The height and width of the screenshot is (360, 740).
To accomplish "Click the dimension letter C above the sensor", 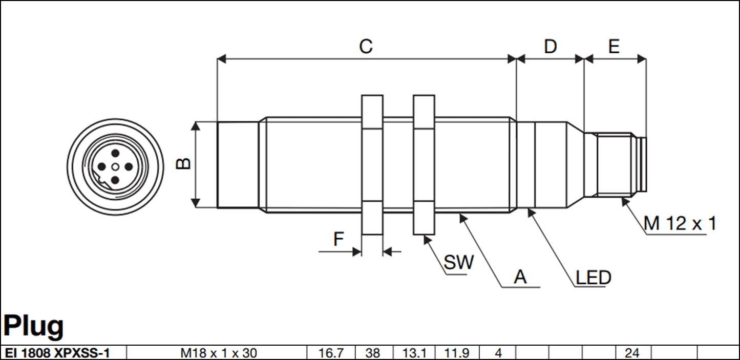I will click(x=365, y=47).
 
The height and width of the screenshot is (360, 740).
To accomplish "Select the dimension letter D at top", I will click(x=550, y=47).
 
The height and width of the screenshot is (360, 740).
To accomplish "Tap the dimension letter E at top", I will click(x=614, y=47).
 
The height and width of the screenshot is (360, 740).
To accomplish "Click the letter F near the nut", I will click(x=338, y=239).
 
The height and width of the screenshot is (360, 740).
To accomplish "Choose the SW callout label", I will click(x=458, y=263).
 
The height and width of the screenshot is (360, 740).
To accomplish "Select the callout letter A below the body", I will click(x=520, y=277).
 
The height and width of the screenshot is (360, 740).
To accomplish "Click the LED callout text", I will click(x=594, y=278).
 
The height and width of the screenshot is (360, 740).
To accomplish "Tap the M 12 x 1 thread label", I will click(x=680, y=223).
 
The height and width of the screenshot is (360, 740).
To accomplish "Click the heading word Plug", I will click(x=34, y=326).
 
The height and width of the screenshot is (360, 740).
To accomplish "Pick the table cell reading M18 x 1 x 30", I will click(x=219, y=353).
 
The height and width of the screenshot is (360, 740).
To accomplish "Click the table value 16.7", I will click(x=330, y=353).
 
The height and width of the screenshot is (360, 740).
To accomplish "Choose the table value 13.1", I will click(x=414, y=353).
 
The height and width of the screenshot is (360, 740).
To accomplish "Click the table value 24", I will click(x=632, y=353).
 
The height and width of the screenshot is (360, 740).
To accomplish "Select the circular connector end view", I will click(x=115, y=166).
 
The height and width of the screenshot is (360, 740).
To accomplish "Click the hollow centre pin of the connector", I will click(x=115, y=166).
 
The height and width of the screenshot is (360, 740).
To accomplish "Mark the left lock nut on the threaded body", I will click(x=372, y=164).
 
